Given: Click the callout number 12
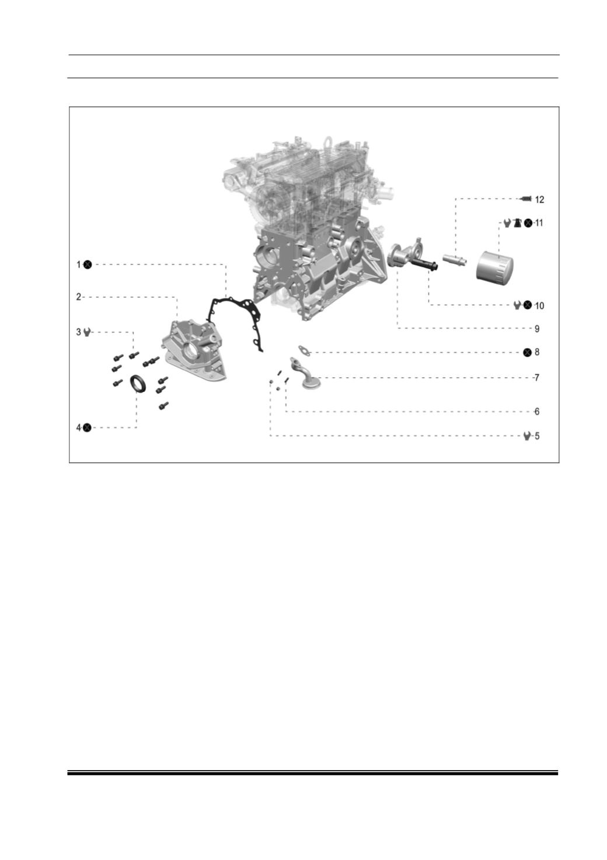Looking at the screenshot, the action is tap(539, 200).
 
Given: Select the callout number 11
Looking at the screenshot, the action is tap(539, 222).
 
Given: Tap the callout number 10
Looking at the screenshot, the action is tap(539, 305).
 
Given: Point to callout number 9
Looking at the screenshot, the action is tap(537, 329).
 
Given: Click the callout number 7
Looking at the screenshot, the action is tap(537, 378).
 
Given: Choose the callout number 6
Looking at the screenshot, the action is tap(537, 412).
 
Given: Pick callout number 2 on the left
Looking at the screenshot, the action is tap(79, 297).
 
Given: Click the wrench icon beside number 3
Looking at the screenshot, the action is tap(87, 332).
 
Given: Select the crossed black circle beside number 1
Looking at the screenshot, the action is tap(88, 264).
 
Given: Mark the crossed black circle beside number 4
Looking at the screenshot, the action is tap(88, 427).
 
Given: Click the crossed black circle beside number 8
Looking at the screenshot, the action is tap(528, 352).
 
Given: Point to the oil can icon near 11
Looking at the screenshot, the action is tap(518, 222).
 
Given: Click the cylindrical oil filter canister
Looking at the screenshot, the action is tap(494, 266).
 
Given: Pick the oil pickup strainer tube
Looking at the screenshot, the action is tap(305, 374).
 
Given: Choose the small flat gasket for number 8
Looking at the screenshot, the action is tap(304, 350).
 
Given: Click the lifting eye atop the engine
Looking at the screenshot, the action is tap(327, 141).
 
